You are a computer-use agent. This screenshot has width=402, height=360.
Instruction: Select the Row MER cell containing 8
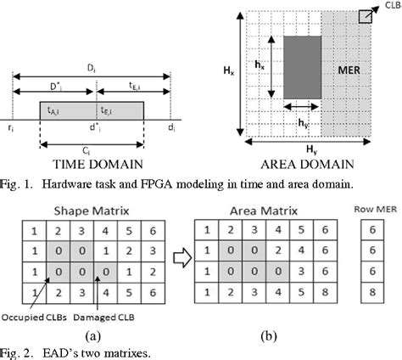(x=371, y=295)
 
